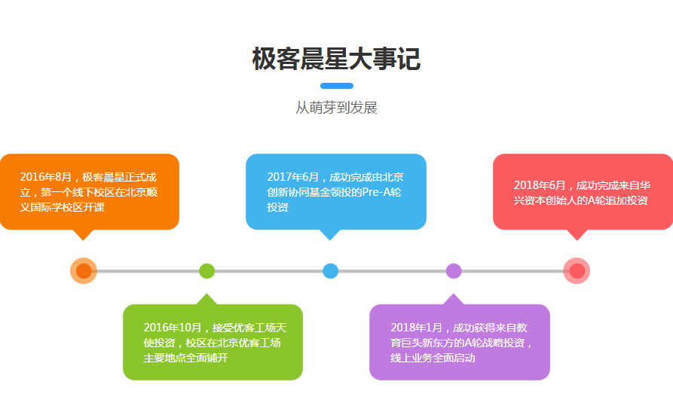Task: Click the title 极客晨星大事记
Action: pos(336,59)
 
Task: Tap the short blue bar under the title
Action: pos(336,85)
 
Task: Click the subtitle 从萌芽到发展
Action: pos(336,108)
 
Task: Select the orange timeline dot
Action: pos(84,270)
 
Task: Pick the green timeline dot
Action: pos(207,270)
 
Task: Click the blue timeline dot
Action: pos(330,270)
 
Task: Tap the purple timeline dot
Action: pos(454,270)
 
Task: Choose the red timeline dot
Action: pos(577,270)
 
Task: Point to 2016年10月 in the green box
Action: pos(173,328)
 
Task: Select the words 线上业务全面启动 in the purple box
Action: pos(433,358)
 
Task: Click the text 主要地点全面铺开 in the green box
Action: pos(185,358)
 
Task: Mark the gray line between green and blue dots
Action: pos(268,270)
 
